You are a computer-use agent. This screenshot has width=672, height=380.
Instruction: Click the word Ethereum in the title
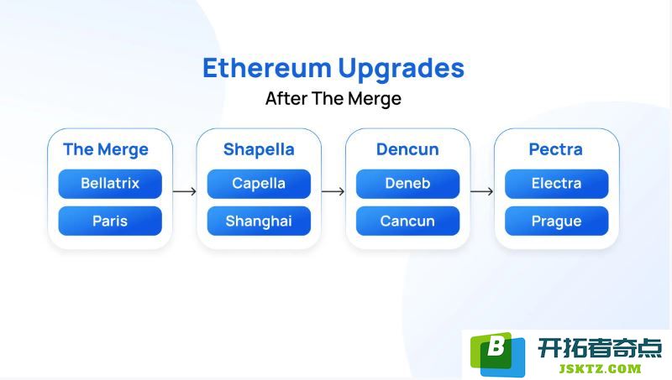[266, 68]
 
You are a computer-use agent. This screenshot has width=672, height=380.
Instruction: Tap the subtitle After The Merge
[333, 98]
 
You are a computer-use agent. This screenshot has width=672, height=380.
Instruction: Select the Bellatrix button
[110, 184]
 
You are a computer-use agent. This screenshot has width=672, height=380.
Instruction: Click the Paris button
[110, 221]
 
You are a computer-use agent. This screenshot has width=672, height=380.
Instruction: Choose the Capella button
[259, 184]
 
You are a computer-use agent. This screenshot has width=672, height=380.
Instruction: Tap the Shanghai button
[259, 221]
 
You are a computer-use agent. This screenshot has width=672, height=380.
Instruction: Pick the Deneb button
[407, 184]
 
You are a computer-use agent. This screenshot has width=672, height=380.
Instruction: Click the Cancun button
[407, 221]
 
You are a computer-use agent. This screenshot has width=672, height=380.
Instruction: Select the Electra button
[556, 184]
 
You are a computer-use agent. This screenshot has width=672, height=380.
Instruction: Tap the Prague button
[556, 221]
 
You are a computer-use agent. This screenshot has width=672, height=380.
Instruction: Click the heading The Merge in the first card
[106, 150]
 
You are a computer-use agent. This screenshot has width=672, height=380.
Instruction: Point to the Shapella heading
[259, 150]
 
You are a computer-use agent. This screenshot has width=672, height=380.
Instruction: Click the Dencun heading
[407, 149]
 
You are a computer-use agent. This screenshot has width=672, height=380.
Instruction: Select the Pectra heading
[556, 149]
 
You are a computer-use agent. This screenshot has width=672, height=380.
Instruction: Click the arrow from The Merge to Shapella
[185, 191]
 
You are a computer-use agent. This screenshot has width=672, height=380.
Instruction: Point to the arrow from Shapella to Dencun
[333, 191]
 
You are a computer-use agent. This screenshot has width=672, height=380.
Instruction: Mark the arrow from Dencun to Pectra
[481, 191]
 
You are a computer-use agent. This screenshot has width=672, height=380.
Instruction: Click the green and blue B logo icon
[497, 354]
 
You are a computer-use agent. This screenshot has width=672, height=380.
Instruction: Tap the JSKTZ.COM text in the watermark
[600, 369]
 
